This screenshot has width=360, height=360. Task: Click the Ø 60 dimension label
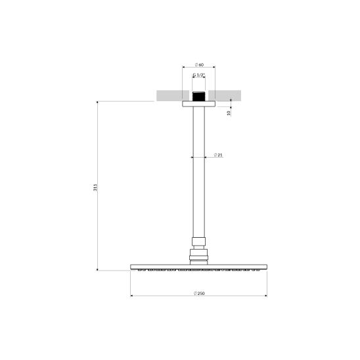(199, 65)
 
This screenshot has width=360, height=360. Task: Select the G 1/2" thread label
(198, 75)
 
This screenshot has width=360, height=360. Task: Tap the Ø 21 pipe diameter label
(218, 155)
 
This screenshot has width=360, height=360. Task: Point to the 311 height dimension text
(95, 187)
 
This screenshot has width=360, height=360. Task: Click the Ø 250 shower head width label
(199, 293)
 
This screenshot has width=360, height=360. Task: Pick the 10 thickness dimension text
(229, 113)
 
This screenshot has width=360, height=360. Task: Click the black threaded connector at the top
(198, 97)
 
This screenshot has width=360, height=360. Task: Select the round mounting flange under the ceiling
(199, 104)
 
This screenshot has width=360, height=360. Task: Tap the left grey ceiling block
(173, 95)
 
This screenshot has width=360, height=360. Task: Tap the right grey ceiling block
(225, 95)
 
